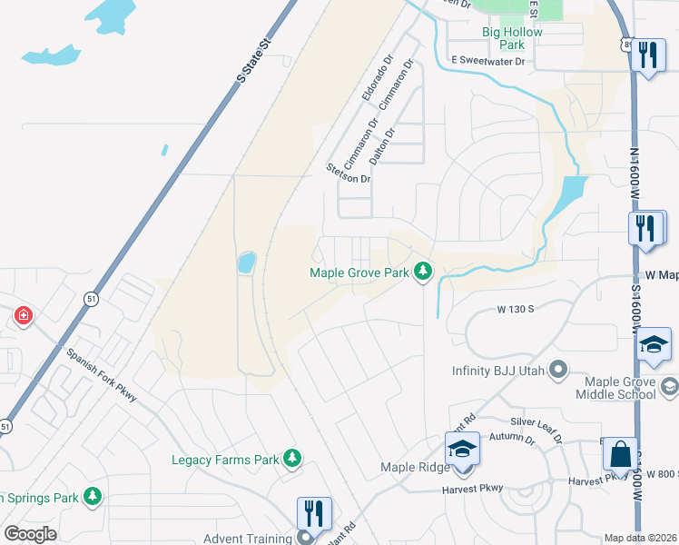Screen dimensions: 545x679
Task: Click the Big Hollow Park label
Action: (512, 38)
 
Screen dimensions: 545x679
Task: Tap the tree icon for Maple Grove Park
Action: (422, 272)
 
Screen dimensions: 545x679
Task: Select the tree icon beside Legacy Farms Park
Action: (292, 459)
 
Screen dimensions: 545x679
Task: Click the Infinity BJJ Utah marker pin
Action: (558, 371)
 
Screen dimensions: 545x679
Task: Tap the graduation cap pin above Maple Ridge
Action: (462, 449)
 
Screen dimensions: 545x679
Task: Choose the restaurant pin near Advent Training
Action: (313, 513)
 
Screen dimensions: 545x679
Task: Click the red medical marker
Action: (23, 316)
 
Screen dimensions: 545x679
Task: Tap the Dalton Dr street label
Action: (384, 145)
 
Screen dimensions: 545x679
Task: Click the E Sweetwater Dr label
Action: (488, 62)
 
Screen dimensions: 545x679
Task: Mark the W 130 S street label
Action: (515, 310)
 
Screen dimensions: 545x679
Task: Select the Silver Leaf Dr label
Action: (541, 422)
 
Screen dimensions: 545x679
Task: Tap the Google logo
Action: (30, 533)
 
